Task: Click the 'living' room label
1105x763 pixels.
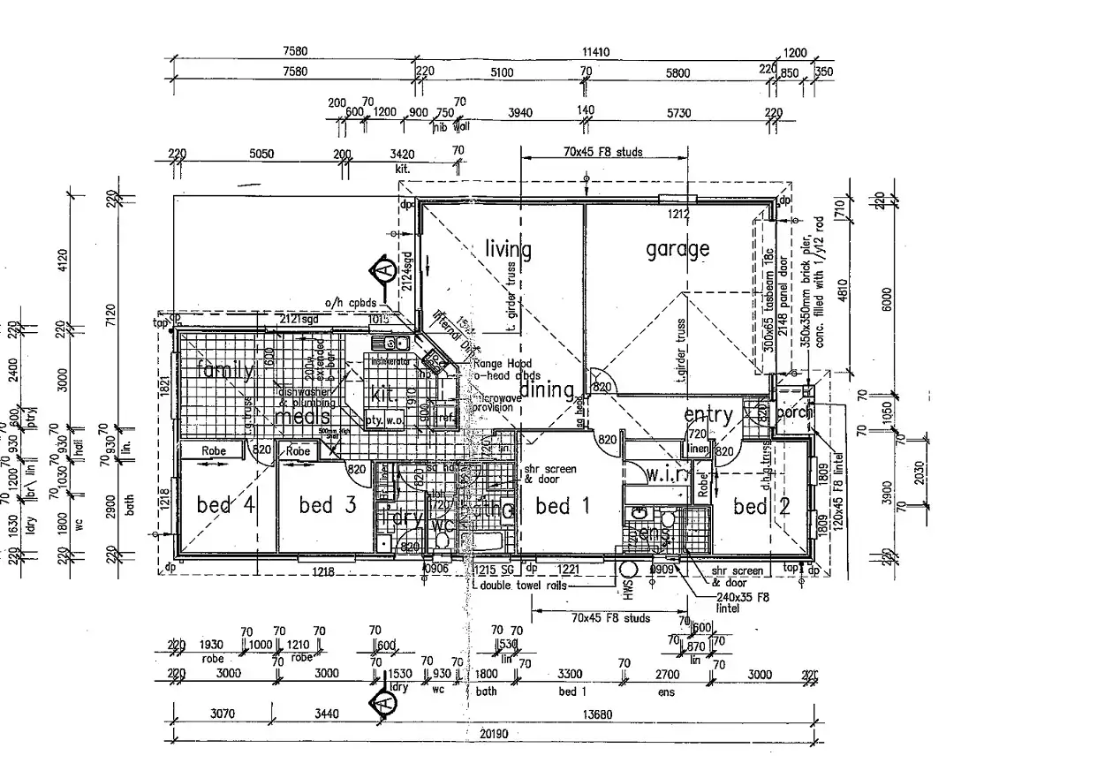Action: pyautogui.click(x=508, y=250)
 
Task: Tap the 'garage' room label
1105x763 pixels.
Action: pyautogui.click(x=677, y=249)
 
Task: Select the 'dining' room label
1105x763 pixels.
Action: pyautogui.click(x=546, y=389)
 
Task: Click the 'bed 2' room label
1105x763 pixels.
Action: pyautogui.click(x=750, y=506)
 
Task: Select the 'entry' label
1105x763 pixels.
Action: pyautogui.click(x=708, y=415)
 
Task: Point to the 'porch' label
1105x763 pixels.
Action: pyautogui.click(x=794, y=413)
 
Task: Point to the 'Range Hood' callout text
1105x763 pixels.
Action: pyautogui.click(x=500, y=363)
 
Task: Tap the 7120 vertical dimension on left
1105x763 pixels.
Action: pyautogui.click(x=109, y=313)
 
